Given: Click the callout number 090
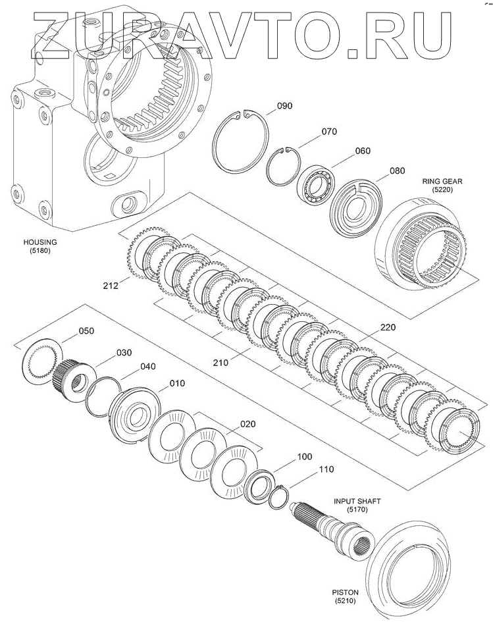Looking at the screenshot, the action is coord(284,106).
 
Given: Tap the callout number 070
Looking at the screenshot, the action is coord(329,132).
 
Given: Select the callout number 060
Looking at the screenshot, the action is coord(363,151).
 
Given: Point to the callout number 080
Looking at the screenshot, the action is coord(397,171).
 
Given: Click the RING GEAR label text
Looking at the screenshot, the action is coord(442,182).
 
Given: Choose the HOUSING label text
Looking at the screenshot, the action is coord(40,242).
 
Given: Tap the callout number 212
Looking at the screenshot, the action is coord(111,286).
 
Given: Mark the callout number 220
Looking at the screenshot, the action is coord(387,328).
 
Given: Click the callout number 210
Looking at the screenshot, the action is coord(221,363).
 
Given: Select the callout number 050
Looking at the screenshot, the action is coord(86,331).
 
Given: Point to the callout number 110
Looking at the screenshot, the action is coord(326,469).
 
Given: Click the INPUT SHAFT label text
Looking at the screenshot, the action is coord(357,501).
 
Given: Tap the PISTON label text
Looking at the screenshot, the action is coord(345,592).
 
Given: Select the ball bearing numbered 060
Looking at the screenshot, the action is coord(316,184).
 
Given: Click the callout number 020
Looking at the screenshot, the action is coord(247,424).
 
